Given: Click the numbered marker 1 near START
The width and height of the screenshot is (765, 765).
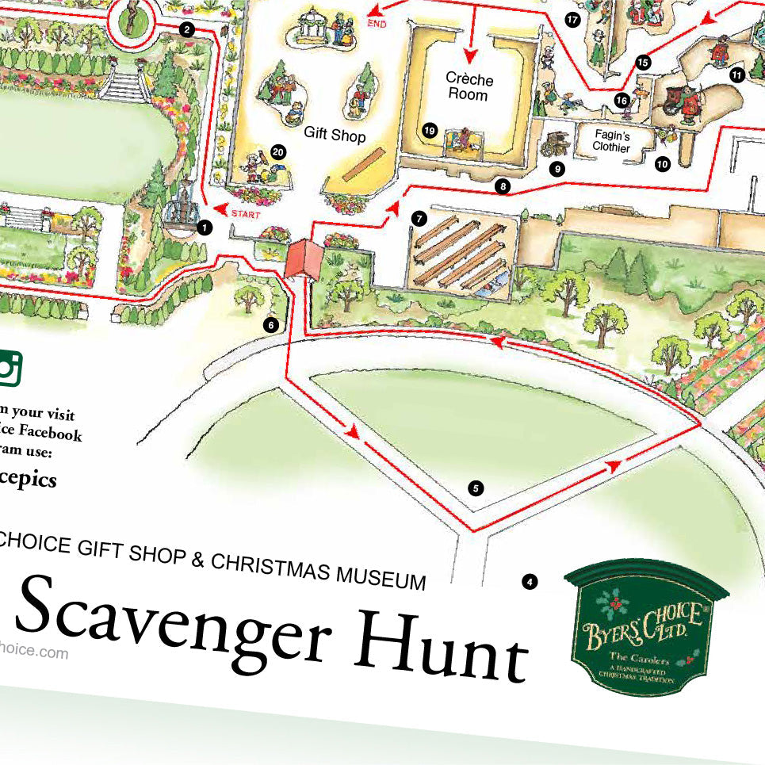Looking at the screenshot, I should coord(205,228).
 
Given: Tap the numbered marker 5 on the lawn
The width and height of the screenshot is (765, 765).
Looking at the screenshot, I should coord(476,488).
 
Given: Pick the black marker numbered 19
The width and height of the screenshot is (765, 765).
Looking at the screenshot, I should coord(430,130).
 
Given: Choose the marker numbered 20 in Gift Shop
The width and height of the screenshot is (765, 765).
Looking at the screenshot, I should coord(277,151).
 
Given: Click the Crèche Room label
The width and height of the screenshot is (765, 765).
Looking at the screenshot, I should coord(469,86).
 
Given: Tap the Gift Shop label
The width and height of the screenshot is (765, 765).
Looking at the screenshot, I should coord(335,136).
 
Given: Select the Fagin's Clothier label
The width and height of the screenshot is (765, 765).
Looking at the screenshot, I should coord(611,141).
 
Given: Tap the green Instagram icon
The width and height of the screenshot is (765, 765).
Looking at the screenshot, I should coord(10,367).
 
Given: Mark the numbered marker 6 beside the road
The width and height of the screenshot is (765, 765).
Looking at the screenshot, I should coord(271,324).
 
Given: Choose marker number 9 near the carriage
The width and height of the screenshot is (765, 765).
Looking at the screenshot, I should coord(557,168).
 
